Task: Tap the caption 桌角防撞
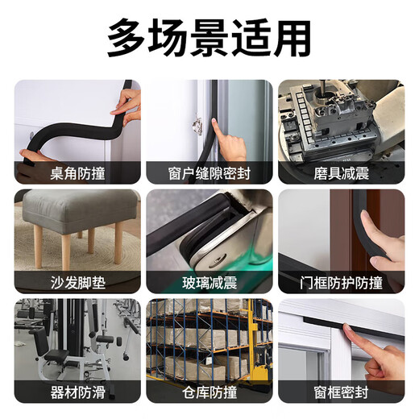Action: tap(77, 172)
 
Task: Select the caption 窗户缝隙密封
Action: tap(209, 172)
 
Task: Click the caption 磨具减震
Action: tap(341, 172)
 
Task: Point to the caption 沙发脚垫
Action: tap(77, 283)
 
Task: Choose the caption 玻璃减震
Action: tap(209, 283)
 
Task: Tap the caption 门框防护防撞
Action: tap(341, 283)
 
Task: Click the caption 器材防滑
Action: tap(77, 392)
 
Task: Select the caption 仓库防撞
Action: tap(209, 392)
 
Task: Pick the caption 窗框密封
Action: tap(341, 392)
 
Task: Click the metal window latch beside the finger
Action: tap(197, 125)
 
